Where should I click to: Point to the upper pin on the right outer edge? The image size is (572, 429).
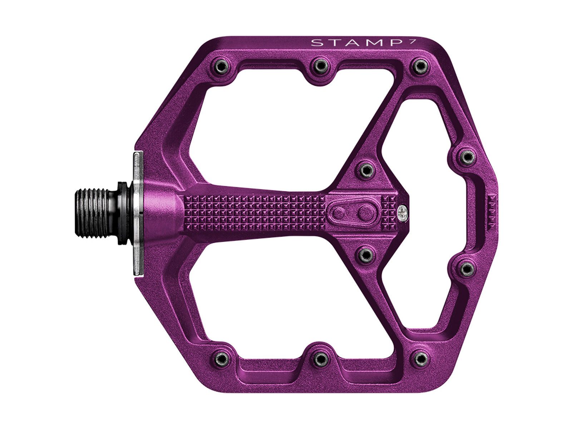pos(466,156)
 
